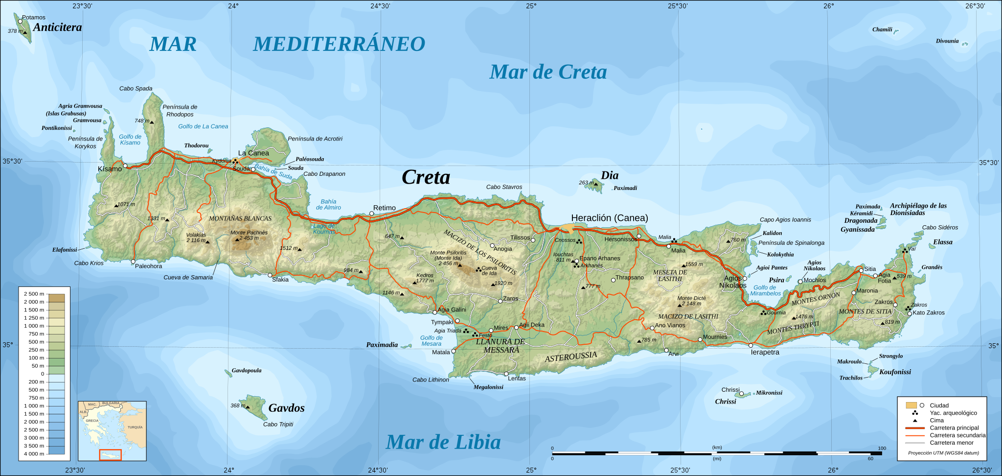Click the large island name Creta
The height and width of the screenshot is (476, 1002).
coord(426,177)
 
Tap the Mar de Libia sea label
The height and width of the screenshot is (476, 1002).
coord(443,442)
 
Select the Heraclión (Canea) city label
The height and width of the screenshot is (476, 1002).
coord(609,218)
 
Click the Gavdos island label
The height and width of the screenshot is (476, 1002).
coord(286,408)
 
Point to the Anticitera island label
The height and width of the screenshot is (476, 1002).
coord(57,27)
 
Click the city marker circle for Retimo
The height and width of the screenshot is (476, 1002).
coord(371,214)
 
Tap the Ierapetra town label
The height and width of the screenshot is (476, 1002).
coord(765,352)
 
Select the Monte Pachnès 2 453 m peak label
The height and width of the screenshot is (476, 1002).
coord(249,235)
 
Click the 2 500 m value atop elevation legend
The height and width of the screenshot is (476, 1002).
coord(34,294)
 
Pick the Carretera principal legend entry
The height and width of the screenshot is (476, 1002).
coord(954,428)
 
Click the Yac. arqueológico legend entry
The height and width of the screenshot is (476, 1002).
coord(953,413)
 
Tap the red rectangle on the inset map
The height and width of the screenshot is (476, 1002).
coord(110,455)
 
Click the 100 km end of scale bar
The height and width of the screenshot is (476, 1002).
coord(882,448)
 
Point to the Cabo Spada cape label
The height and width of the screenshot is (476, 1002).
coord(136,89)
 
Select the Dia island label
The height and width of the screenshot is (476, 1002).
coord(610,175)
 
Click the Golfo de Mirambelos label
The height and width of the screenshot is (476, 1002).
coord(765,290)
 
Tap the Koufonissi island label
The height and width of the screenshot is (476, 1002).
coord(895,372)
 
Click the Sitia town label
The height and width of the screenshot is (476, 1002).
coord(870,269)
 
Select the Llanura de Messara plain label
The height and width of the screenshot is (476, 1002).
coord(501,346)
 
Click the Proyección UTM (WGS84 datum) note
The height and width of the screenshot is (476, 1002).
coord(943,453)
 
